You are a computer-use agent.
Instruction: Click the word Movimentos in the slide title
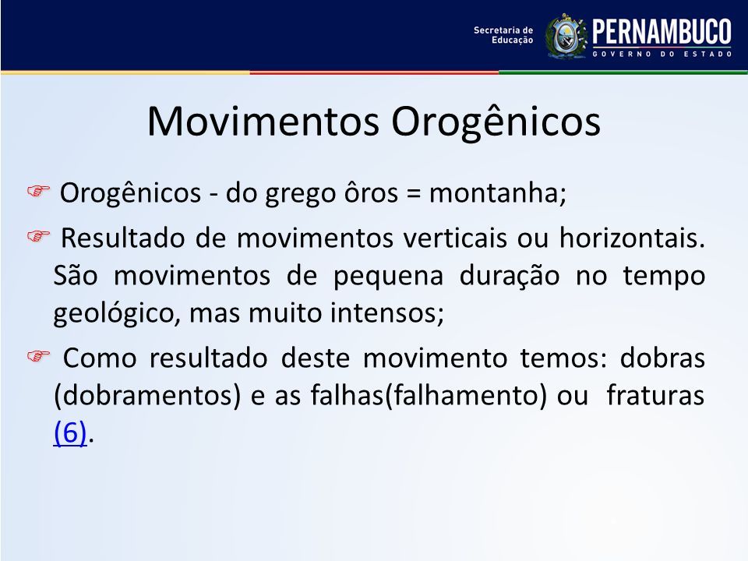point(263,122)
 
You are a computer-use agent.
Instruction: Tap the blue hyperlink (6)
point(70,433)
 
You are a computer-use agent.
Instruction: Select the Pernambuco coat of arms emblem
point(566,36)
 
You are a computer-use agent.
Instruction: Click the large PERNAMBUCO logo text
point(662,32)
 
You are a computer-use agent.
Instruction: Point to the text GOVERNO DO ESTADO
point(662,55)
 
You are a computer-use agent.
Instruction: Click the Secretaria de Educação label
point(503,35)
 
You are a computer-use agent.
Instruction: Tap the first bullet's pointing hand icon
point(38,191)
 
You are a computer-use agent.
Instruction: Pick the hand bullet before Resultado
point(38,235)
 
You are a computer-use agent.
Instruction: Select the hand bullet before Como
point(38,356)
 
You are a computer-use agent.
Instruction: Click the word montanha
point(498,193)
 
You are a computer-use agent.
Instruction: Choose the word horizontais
point(632,238)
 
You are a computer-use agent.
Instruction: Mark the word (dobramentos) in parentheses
point(147,396)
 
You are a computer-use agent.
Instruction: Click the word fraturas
point(655,396)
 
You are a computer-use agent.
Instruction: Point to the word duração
point(510,276)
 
